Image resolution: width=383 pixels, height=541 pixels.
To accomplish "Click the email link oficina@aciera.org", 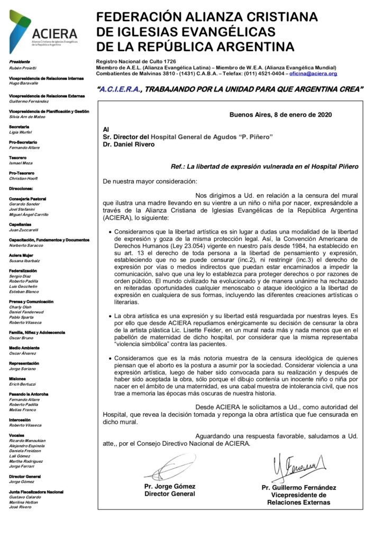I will (313, 73).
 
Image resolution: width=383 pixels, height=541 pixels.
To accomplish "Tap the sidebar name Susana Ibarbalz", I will (25, 261).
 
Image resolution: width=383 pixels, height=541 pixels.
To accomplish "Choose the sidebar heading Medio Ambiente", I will (25, 347).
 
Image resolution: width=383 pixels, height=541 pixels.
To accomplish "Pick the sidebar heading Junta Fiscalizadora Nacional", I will (37, 492).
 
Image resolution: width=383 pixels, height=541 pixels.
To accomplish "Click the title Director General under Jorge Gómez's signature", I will (169, 494).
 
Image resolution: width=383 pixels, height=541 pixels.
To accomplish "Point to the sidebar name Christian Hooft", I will (24, 179).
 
